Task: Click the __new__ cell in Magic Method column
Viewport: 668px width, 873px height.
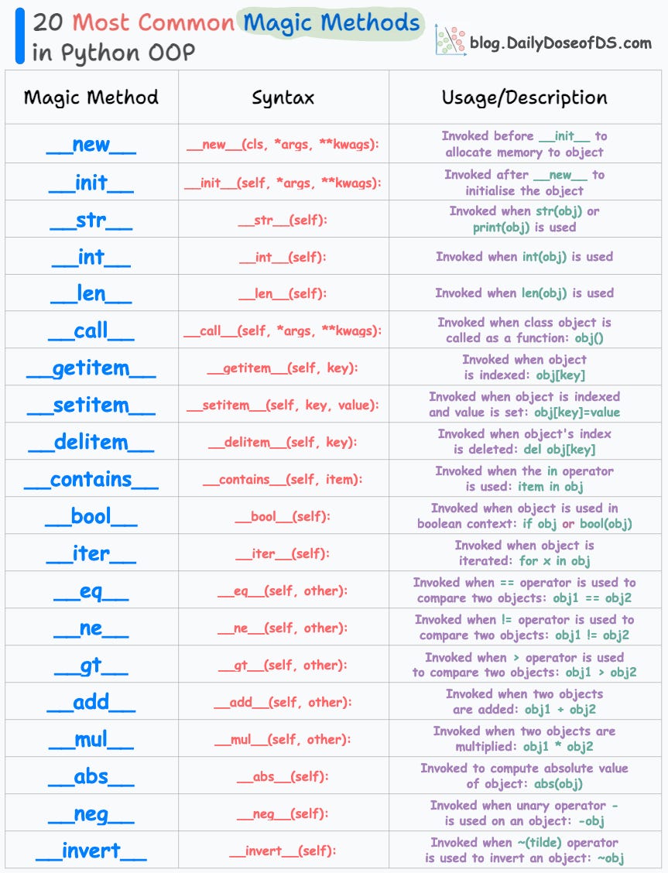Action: pos(91,145)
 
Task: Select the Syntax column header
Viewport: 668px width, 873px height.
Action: pos(283,98)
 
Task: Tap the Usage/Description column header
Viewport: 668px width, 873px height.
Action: pos(524,98)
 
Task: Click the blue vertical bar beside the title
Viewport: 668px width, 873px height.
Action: pos(19,36)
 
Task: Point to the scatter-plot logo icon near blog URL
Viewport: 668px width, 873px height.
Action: pos(450,41)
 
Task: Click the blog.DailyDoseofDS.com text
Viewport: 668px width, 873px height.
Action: pos(560,43)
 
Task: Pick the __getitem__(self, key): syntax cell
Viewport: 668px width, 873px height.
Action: pos(283,368)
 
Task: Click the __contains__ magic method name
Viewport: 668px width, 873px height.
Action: pos(91,480)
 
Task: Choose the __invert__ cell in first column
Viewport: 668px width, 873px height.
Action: pos(91,851)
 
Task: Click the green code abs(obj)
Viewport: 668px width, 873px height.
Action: pos(556,784)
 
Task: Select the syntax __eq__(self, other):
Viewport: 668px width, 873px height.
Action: pos(283,591)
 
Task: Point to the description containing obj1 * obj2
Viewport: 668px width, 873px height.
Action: pos(524,739)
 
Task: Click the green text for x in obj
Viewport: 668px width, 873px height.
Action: pos(554,561)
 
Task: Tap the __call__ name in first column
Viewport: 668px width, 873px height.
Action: pos(91,331)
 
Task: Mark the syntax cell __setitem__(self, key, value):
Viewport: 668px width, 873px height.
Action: pos(283,406)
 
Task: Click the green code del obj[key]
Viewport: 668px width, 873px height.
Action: pos(558,450)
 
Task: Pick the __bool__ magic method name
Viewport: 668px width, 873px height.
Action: pos(91,517)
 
